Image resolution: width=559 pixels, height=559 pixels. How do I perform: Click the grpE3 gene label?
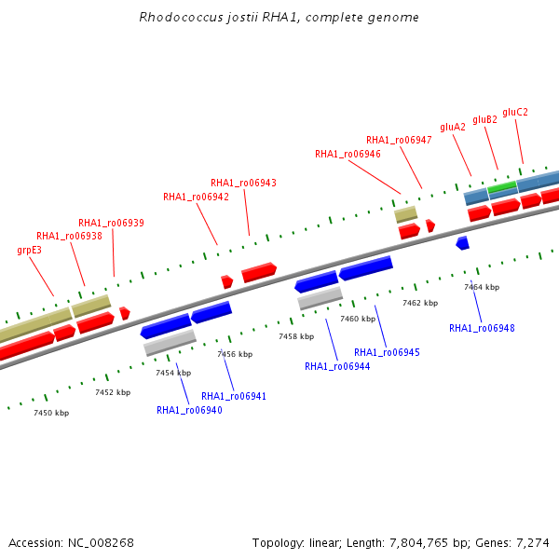29,251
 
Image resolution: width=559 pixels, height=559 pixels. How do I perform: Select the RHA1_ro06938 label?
69,236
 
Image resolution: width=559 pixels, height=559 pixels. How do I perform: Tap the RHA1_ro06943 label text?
243,183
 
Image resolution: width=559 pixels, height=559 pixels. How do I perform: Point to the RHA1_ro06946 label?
348,154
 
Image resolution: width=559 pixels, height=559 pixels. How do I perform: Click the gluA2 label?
453,128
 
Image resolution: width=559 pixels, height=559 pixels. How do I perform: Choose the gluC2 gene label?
515,113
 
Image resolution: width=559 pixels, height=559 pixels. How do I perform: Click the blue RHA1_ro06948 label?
482,328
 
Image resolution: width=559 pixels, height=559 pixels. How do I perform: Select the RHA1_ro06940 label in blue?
189,410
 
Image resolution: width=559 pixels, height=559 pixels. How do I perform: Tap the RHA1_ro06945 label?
387,352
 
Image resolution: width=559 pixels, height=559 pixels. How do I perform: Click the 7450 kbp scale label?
51,413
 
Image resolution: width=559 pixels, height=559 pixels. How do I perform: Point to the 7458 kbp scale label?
296,336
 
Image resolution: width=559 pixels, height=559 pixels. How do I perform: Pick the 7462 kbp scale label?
420,303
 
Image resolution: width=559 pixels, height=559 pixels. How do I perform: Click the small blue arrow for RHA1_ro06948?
463,243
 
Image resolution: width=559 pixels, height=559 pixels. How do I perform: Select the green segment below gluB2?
502,186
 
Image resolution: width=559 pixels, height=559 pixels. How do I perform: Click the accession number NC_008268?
101,543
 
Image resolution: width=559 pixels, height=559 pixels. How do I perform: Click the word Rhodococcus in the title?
181,17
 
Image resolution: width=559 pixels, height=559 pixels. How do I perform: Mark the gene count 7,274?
533,543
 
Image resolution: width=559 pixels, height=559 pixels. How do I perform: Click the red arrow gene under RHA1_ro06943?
259,273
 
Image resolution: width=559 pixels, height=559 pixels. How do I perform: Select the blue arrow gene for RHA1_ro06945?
366,267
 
